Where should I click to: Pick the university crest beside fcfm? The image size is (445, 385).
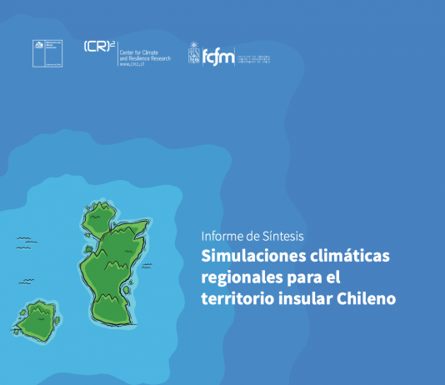pos(193,52)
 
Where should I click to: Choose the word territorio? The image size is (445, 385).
pos(236,297)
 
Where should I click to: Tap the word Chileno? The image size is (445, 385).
pos(365,297)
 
